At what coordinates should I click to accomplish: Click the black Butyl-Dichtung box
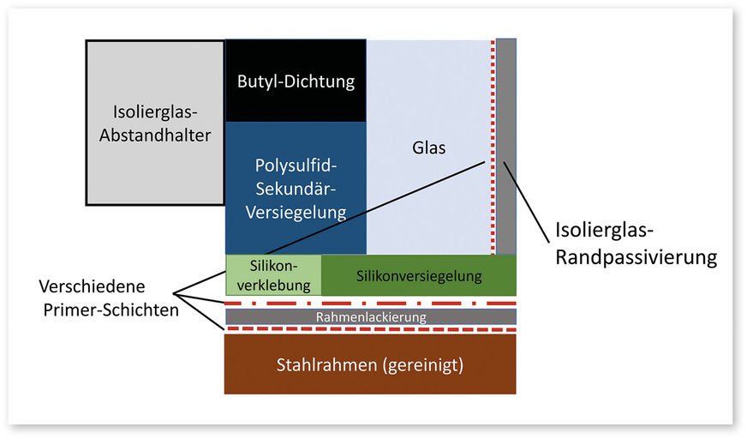[296, 81]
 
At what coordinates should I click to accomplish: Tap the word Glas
[428, 147]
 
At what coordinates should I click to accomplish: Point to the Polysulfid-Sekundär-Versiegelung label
[296, 187]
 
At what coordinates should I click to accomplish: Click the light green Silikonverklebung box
[272, 275]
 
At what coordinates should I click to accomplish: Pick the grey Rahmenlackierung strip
[370, 317]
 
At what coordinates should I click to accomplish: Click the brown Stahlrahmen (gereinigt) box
[370, 364]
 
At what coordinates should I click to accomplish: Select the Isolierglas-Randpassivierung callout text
[636, 243]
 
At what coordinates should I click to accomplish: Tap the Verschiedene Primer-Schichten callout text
[109, 297]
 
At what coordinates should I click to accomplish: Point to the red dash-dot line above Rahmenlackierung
[370, 304]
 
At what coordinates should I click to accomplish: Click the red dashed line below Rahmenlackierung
[370, 329]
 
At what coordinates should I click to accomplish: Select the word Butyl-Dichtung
[296, 82]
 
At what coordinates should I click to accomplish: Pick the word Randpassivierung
[636, 256]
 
